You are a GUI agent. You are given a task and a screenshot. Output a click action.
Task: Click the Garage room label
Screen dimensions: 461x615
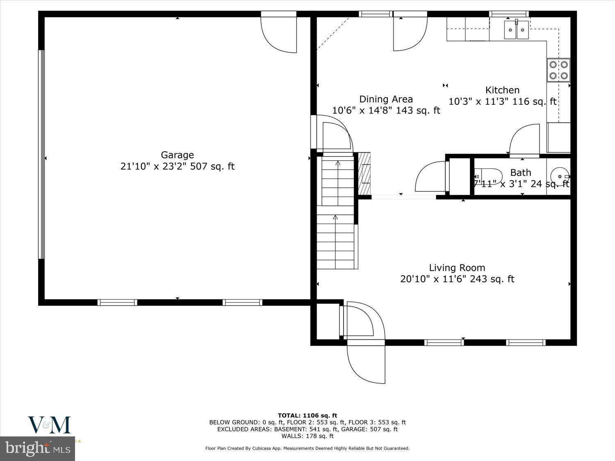point(177,155)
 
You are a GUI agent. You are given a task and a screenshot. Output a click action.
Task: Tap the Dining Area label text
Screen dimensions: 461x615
point(386,99)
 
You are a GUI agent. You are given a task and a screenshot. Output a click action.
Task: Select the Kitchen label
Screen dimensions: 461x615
point(502,90)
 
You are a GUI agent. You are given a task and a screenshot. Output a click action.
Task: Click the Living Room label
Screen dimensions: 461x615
point(457,268)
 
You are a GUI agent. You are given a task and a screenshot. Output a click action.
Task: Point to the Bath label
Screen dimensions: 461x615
point(521,173)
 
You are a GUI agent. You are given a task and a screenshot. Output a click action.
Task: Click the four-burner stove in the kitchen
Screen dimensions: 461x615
point(558,70)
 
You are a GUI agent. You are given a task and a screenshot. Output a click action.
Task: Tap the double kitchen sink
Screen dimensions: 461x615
point(517,30)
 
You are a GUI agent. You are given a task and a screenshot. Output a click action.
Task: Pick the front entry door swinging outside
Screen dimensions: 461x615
point(366,363)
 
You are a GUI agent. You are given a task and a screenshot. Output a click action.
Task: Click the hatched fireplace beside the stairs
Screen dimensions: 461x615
point(364,173)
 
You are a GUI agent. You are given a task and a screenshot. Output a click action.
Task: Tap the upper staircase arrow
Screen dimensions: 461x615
point(338,164)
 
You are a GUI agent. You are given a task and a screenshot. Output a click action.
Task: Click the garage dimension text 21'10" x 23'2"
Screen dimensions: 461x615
point(177,166)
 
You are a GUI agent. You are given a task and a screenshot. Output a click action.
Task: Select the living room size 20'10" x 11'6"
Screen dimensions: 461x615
point(457,279)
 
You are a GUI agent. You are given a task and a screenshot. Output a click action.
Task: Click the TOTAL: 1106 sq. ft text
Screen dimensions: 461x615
point(307,416)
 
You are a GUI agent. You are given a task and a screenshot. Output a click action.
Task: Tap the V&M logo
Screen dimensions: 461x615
point(49,425)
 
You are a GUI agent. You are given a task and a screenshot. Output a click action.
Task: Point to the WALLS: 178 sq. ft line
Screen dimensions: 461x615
point(307,436)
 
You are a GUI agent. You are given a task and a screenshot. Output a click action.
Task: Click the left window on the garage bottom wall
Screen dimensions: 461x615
point(117,302)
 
